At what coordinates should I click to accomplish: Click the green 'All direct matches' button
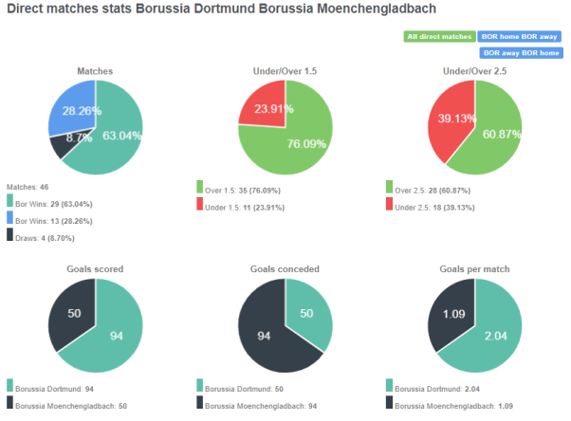click(439, 37)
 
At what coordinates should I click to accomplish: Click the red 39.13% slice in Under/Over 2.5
click(451, 122)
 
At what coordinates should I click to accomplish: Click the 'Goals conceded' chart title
click(285, 269)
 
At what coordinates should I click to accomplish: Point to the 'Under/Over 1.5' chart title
click(285, 71)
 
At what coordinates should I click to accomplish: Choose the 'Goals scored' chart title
click(95, 269)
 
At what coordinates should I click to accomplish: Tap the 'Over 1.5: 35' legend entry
click(244, 190)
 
